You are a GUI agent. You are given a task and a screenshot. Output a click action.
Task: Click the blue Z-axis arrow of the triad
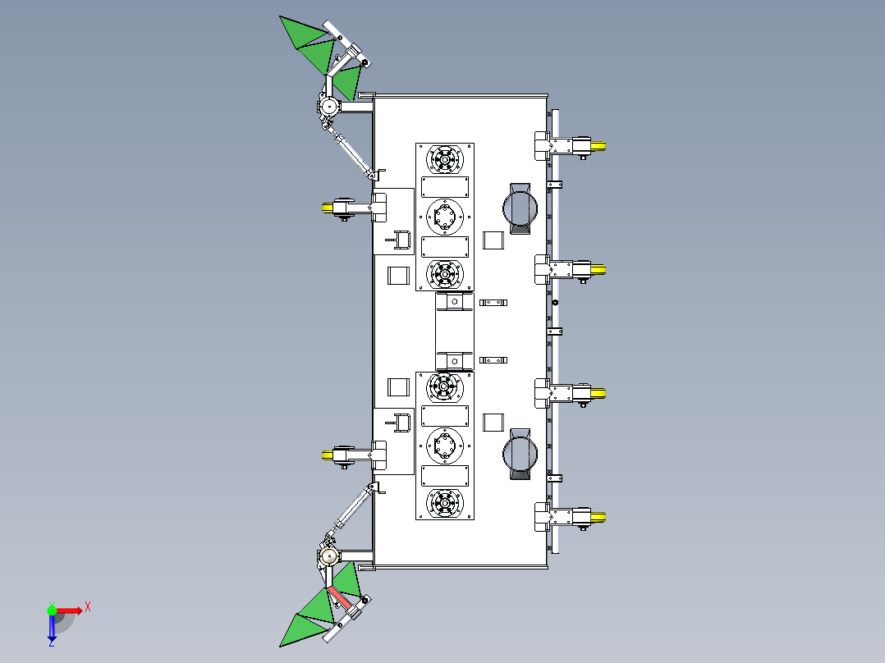point(52,629)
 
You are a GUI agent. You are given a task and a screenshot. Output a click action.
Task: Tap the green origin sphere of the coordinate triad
point(52,610)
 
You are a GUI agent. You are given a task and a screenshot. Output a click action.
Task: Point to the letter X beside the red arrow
point(88,606)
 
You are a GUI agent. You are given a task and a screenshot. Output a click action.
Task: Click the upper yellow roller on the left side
point(330,206)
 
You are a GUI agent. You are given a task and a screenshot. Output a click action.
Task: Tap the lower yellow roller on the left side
point(330,455)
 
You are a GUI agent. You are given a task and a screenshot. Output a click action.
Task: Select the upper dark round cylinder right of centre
point(520,208)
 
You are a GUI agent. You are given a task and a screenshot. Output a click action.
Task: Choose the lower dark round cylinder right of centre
point(520,451)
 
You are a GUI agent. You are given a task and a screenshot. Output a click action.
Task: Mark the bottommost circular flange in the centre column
point(445,503)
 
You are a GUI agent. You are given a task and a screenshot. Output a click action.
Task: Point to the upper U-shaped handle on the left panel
point(401,239)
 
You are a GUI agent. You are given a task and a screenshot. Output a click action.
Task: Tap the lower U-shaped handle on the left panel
point(401,422)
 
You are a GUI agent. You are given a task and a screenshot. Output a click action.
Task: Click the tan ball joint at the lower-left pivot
point(328,557)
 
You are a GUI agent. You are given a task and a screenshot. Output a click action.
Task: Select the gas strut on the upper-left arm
point(351,152)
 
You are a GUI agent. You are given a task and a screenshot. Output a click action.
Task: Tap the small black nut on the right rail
point(556,303)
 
